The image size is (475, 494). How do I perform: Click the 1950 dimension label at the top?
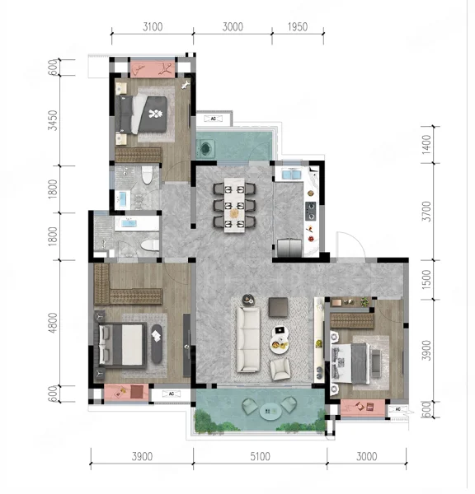pyautogui.click(x=298, y=27)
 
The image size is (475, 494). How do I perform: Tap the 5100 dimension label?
pyautogui.click(x=260, y=456)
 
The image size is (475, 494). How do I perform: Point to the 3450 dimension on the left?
pyautogui.click(x=53, y=120)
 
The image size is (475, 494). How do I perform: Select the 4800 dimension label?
pyautogui.click(x=53, y=323)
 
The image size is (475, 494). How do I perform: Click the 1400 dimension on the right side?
pyautogui.click(x=426, y=145)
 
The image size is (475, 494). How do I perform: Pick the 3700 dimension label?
pyautogui.click(x=426, y=212)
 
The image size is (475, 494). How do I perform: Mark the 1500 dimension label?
pyautogui.click(x=426, y=279)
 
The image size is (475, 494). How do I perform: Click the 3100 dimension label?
pyautogui.click(x=153, y=27)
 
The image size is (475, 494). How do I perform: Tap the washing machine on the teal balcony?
pyautogui.click(x=205, y=148)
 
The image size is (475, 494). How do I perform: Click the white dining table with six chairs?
pyautogui.click(x=234, y=205)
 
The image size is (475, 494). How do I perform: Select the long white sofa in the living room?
pyautogui.click(x=248, y=339)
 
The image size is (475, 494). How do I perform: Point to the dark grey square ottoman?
pyautogui.click(x=279, y=307)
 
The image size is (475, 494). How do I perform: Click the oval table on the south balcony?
pyautogui.click(x=270, y=411)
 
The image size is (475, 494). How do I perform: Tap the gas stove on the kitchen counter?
pyautogui.click(x=311, y=211)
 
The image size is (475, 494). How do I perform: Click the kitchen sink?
pyautogui.click(x=291, y=175)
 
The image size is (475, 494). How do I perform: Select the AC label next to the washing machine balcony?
pyautogui.click(x=214, y=119)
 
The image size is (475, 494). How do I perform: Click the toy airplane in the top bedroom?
pyautogui.click(x=186, y=85)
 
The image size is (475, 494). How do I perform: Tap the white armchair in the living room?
pyautogui.click(x=280, y=369)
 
